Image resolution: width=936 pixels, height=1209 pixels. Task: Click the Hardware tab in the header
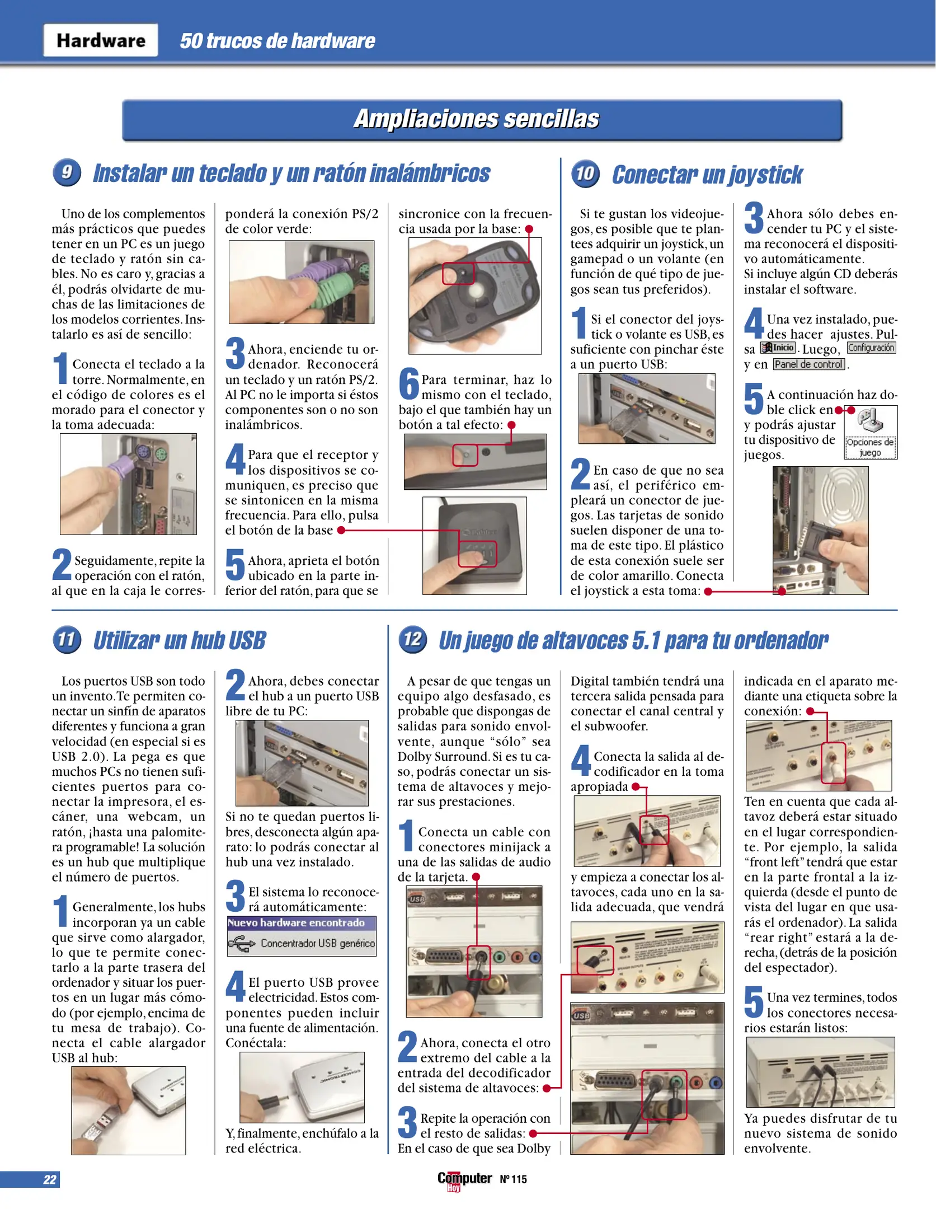[x=101, y=40]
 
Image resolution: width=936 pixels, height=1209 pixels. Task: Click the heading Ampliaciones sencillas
[x=476, y=119]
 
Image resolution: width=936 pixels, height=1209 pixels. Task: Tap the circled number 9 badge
[x=67, y=172]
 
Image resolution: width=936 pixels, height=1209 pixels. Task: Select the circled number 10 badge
[x=585, y=174]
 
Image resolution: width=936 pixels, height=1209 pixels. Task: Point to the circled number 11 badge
[x=67, y=640]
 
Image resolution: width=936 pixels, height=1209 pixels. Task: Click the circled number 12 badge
[x=412, y=640]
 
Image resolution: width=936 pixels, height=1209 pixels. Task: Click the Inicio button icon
[x=778, y=348]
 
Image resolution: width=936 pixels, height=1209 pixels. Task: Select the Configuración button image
[x=871, y=348]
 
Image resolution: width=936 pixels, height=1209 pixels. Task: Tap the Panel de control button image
[x=808, y=364]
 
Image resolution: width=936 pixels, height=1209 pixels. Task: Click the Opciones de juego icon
[x=870, y=432]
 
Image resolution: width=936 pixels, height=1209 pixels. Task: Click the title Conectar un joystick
[x=707, y=175]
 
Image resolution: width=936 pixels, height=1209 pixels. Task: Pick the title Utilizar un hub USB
[x=179, y=641]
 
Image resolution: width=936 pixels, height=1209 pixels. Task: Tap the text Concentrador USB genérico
[x=317, y=944]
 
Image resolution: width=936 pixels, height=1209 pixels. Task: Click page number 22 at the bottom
[x=49, y=1180]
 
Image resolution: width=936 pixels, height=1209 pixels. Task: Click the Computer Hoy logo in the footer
[x=464, y=1180]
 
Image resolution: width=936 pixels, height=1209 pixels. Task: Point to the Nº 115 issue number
[x=513, y=1179]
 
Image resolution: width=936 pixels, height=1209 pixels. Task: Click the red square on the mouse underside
[x=458, y=273]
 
